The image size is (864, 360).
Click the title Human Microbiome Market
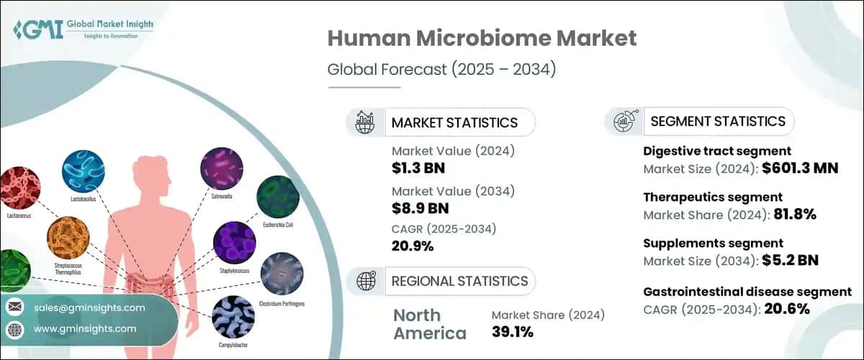click(482, 39)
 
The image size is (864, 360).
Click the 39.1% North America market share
click(513, 332)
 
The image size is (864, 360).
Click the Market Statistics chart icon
click(365, 122)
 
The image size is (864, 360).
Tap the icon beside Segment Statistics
click(624, 122)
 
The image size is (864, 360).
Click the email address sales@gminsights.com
click(89, 307)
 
